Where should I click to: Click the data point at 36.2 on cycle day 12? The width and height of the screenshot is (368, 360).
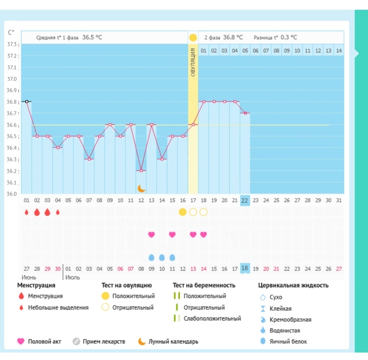[141, 171]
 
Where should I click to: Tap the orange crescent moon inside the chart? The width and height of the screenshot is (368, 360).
[141, 188]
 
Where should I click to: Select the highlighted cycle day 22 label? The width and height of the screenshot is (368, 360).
[245, 200]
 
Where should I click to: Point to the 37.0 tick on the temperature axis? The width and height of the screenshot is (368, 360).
[12, 79]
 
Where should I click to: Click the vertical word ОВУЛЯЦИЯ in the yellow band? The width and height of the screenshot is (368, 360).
[193, 62]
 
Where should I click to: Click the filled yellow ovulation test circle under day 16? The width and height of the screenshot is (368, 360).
[183, 212]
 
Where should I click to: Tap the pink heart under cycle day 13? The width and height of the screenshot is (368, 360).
[152, 234]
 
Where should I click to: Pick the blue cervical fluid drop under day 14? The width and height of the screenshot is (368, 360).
[162, 258]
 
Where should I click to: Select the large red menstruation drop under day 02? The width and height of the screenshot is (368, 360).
[37, 212]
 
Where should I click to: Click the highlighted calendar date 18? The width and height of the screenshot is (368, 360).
[245, 268]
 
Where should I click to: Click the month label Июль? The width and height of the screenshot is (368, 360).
[73, 278]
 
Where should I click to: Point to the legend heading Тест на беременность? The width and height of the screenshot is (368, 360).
[204, 285]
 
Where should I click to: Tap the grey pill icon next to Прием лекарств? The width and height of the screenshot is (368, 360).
[76, 341]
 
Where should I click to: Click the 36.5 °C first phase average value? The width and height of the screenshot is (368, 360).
[92, 37]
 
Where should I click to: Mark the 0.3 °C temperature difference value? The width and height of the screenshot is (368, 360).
[289, 37]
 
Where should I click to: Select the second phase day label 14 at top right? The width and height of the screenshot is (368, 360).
[339, 51]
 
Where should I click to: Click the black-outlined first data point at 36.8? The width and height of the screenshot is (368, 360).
[27, 102]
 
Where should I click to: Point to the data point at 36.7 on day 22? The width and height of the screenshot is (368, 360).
[245, 113]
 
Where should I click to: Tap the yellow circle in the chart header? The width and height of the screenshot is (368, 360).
[193, 38]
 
